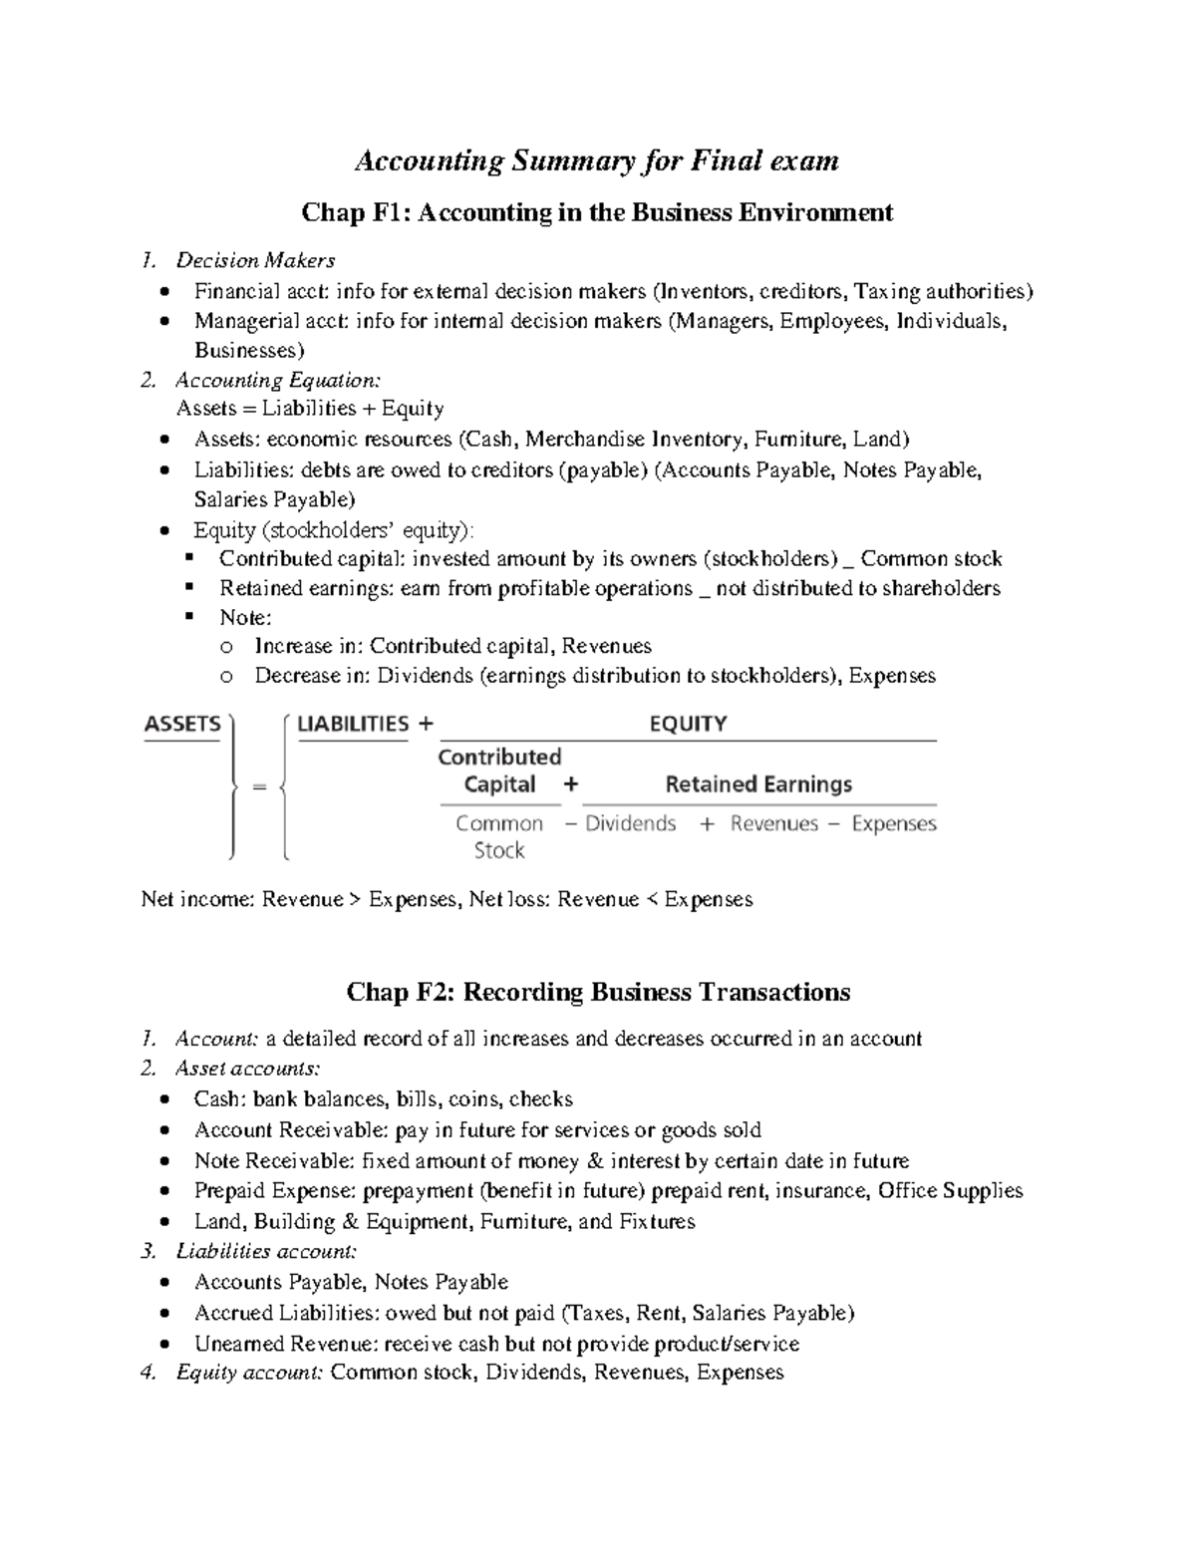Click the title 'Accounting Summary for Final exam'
click(597, 160)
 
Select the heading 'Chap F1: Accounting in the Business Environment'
click(597, 212)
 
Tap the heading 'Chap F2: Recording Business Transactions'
click(598, 992)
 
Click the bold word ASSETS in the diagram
click(182, 725)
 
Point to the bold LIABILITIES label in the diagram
click(353, 725)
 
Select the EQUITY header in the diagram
click(688, 725)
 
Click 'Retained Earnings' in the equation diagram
click(758, 784)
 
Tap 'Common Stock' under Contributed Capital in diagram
click(499, 836)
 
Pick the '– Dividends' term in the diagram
click(620, 824)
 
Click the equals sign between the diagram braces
click(259, 787)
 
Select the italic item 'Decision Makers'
click(255, 261)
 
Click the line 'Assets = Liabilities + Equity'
click(310, 409)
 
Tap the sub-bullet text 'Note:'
click(245, 618)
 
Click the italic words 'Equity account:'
click(249, 1374)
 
